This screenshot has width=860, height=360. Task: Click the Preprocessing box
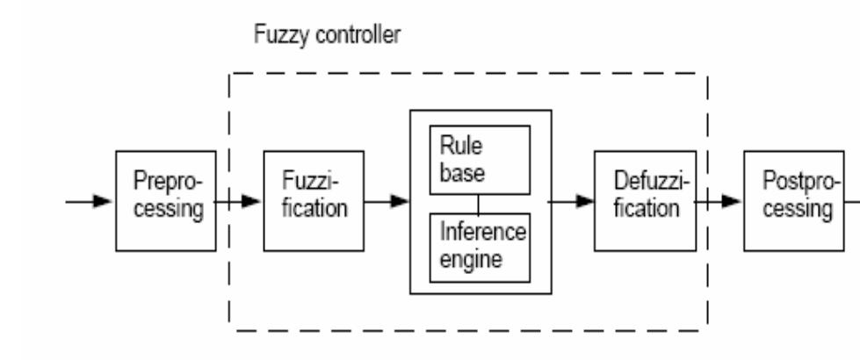pos(166,201)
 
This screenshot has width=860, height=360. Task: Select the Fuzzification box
pos(314,201)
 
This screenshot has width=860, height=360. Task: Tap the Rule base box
pos(479,160)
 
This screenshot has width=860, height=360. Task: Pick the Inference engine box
pos(479,247)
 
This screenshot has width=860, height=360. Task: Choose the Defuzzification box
pos(644,201)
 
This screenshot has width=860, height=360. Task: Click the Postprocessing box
pos(792,200)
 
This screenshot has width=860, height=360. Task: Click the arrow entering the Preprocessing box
pos(90,201)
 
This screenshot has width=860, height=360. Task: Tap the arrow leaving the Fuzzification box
pos(387,201)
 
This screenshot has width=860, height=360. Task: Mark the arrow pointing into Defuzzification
pos(571,201)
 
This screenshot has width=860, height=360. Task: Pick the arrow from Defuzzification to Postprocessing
pos(719,201)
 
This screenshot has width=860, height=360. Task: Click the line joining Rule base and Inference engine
pos(479,204)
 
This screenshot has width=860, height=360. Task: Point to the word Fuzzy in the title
pos(275,37)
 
